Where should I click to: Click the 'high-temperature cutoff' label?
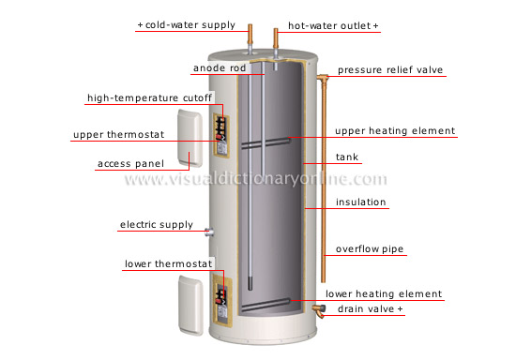[150, 97]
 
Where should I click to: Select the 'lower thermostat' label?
[169, 263]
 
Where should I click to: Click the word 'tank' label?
[348, 157]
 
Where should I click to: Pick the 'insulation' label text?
[361, 202]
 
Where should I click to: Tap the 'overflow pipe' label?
[369, 250]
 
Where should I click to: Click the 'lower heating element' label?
[384, 293]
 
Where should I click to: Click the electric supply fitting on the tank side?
[208, 230]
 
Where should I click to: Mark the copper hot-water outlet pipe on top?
[277, 42]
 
